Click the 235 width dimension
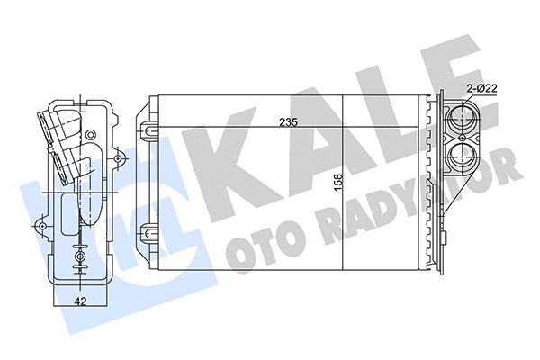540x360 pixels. (287, 122)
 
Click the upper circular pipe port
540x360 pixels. (465, 117)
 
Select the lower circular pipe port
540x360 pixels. (465, 156)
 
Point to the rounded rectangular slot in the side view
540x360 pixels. (70, 215)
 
